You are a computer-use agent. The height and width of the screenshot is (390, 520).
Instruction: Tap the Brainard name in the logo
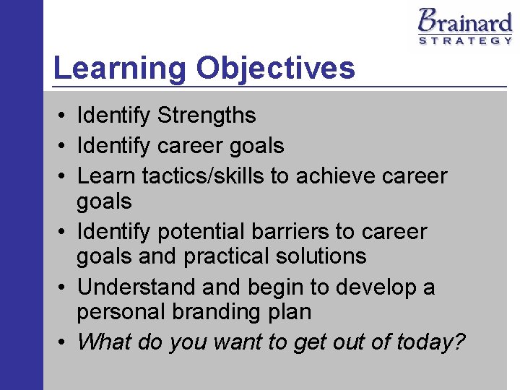pyautogui.click(x=464, y=21)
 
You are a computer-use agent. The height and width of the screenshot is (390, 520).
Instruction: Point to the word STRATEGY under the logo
pyautogui.click(x=465, y=40)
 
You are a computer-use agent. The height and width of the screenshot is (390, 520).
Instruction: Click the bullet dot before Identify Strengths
pyautogui.click(x=64, y=116)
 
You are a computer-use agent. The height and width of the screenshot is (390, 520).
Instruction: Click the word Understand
pyautogui.click(x=136, y=287)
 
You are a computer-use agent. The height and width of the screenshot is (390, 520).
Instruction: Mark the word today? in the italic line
pyautogui.click(x=430, y=342)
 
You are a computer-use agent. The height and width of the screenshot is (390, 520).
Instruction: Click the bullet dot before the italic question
pyautogui.click(x=64, y=342)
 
